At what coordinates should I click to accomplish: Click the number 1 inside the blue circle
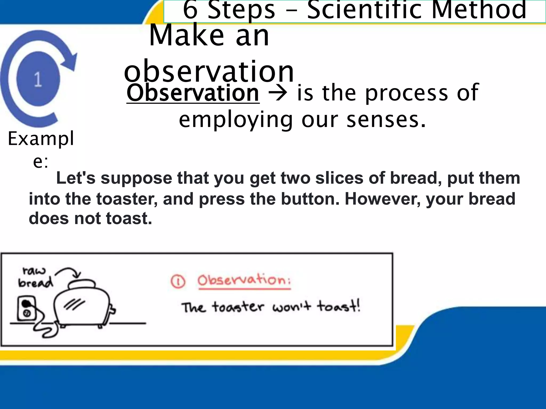38,79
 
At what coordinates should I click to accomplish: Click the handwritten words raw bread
35,277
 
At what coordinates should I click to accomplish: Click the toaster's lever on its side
112,310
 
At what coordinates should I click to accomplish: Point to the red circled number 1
178,281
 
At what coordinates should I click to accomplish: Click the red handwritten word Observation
244,280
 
